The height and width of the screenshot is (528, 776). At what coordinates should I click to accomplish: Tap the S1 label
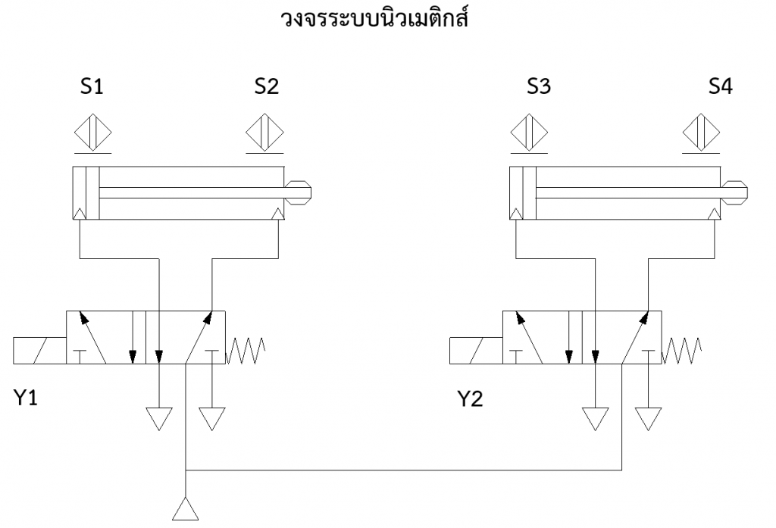92,87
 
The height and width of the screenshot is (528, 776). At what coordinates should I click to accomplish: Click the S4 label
721,87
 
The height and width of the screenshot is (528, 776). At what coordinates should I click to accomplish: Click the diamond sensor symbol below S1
92,133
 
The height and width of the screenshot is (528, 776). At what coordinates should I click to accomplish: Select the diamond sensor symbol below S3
529,133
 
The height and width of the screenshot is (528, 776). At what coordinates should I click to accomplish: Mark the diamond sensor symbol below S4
701,133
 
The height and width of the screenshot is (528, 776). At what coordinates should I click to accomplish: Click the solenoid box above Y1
39,352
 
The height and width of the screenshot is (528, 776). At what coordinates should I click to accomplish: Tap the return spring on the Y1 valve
246,351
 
